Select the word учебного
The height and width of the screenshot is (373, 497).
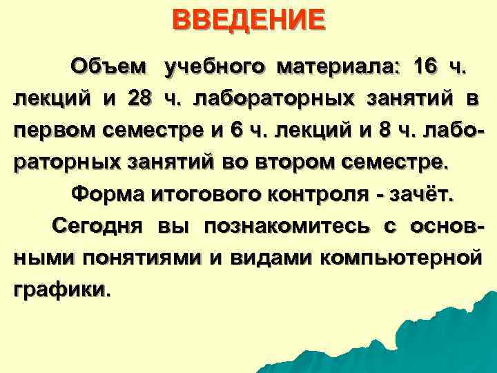coord(215,67)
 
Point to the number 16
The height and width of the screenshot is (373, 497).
coord(422,67)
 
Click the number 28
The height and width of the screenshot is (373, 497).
coord(140,99)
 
